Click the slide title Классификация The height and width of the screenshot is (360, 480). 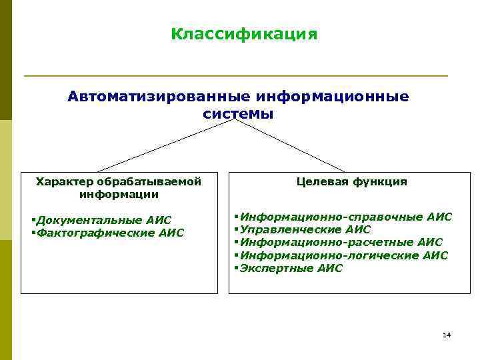[244, 33]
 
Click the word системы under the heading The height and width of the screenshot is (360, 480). [238, 113]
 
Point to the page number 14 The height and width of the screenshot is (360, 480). [446, 335]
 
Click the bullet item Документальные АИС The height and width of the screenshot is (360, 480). [104, 220]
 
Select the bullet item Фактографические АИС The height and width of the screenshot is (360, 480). [110, 233]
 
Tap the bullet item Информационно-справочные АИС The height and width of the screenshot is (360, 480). [345, 217]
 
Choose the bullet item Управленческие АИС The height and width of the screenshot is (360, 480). [305, 229]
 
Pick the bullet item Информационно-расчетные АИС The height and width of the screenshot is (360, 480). [341, 242]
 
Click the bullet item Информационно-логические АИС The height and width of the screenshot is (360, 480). [343, 255]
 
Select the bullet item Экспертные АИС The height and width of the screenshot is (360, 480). [291, 268]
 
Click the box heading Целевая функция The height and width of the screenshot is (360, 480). [351, 181]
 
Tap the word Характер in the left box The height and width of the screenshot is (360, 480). [65, 181]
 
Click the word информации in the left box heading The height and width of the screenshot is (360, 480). [119, 195]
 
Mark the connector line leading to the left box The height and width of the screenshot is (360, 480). [167, 145]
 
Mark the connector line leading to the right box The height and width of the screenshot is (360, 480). [290, 145]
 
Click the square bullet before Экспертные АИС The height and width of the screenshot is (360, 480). [236, 268]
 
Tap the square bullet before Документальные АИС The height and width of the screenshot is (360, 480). [33, 219]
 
